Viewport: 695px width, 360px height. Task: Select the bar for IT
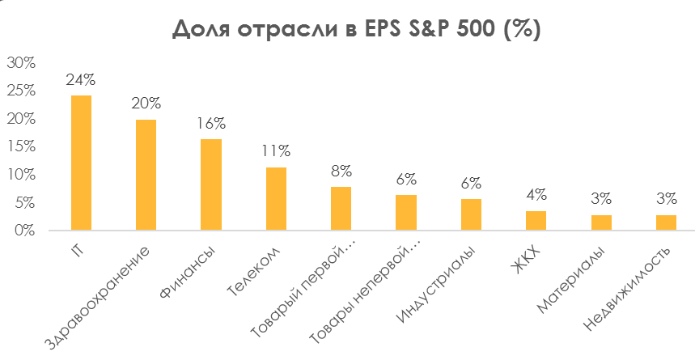[x=81, y=163]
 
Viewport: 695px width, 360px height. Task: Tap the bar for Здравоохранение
[x=146, y=175]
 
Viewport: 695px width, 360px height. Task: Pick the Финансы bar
[x=211, y=184]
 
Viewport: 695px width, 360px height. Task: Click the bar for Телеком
[x=276, y=198]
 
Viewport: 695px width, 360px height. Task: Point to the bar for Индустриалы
[x=471, y=214]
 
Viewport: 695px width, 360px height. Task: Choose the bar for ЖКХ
[x=536, y=220]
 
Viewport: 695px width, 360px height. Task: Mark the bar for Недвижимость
[x=666, y=222]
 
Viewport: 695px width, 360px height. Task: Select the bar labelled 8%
[x=341, y=209]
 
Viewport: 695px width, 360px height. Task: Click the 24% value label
[x=82, y=80]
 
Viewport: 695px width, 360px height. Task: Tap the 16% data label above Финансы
[x=211, y=124]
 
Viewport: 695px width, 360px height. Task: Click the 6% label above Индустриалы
[x=471, y=184]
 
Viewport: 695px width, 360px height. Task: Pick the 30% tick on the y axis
[x=21, y=63]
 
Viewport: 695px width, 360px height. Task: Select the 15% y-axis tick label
[x=21, y=146]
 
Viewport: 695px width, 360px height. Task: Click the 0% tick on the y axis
[x=24, y=231]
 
